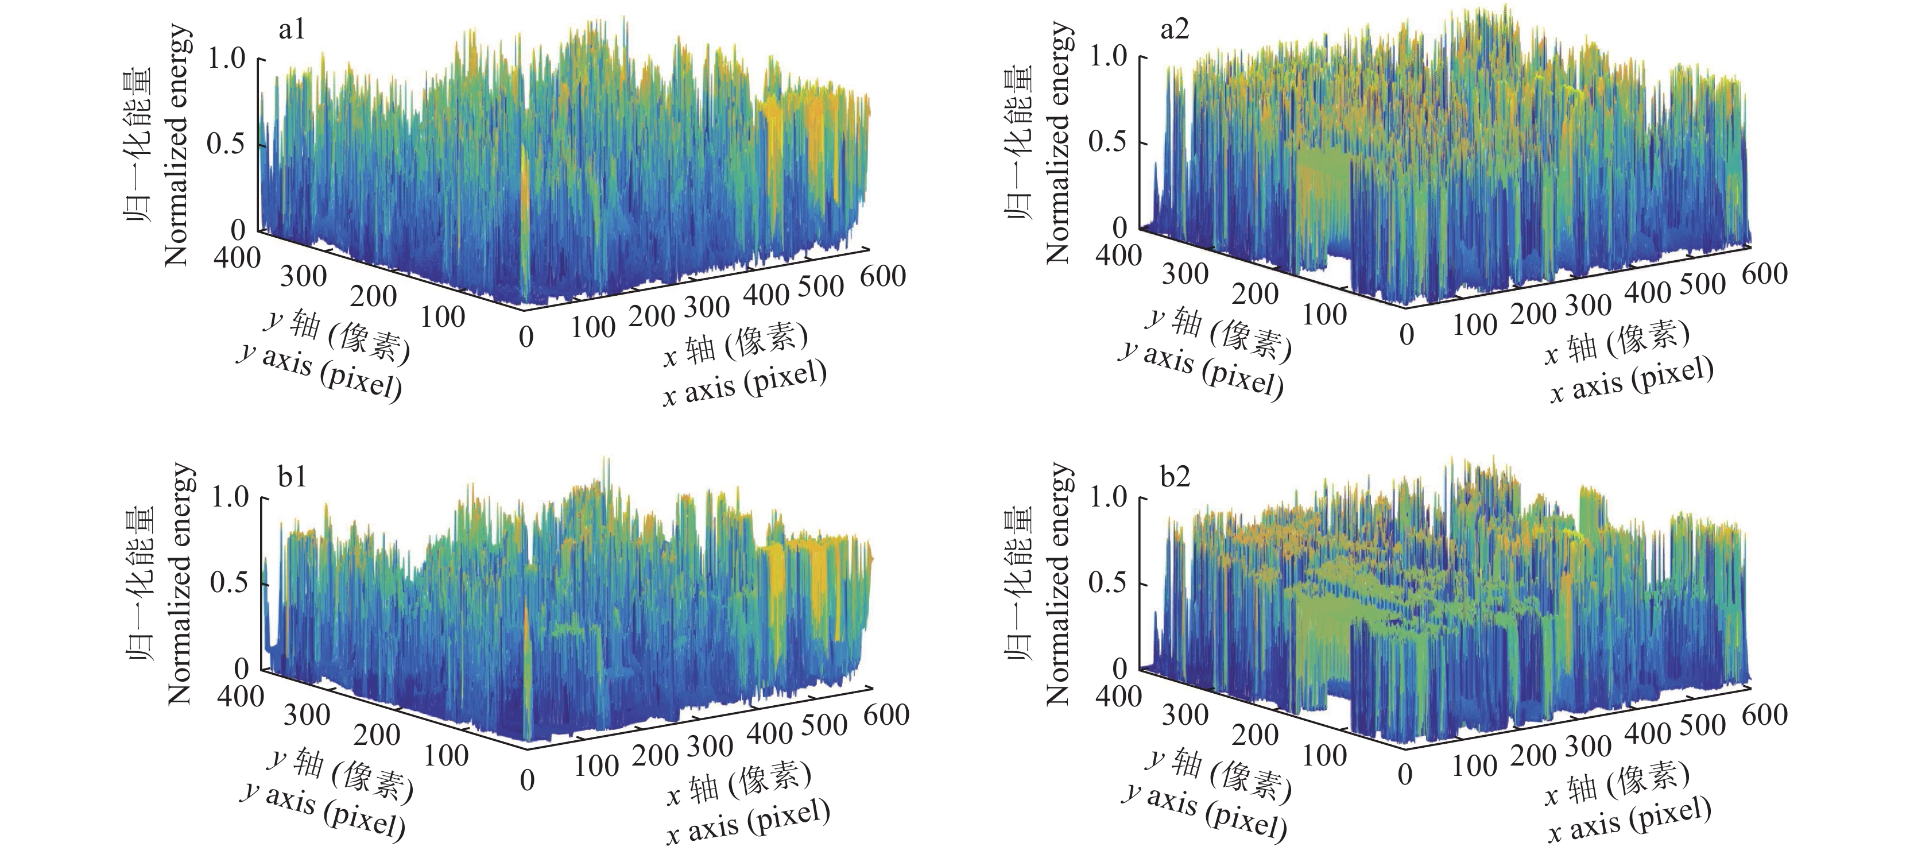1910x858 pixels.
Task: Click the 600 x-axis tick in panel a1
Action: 883,276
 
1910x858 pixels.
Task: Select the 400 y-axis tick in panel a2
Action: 1118,255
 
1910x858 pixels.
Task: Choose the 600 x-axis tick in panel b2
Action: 1765,713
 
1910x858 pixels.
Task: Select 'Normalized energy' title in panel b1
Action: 180,585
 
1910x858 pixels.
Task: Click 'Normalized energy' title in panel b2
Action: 1059,585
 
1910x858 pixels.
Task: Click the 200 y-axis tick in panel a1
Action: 373,296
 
